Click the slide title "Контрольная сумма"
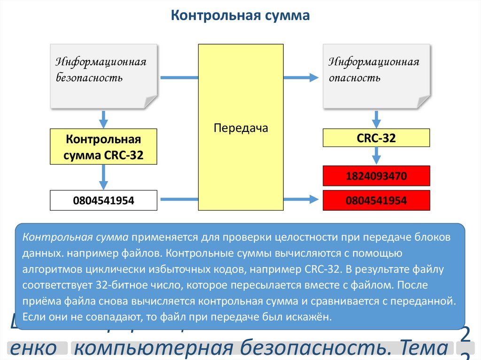pos(240,16)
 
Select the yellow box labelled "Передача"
pos(240,128)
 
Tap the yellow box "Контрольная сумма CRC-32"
pos(103,147)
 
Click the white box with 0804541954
pos(103,200)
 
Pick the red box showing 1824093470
pos(376,176)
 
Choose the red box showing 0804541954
pos(376,200)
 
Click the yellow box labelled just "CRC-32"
pos(376,138)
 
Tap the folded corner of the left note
pos(149,101)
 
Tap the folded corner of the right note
pos(422,101)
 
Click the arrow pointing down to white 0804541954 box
pos(104,177)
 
